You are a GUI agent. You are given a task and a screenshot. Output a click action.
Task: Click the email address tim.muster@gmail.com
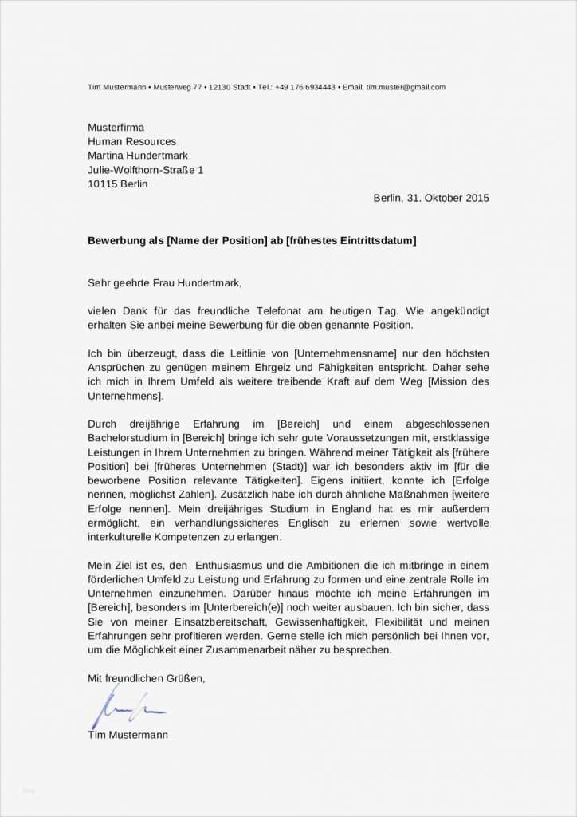point(406,87)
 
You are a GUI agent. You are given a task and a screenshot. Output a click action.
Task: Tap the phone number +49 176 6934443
point(305,87)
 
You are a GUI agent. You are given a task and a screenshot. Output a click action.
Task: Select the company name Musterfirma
point(116,128)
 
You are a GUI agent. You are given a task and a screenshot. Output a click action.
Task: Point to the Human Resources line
point(131,141)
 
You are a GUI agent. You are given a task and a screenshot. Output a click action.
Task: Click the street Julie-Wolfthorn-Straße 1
point(146,170)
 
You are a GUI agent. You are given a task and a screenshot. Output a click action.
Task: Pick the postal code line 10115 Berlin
point(118,184)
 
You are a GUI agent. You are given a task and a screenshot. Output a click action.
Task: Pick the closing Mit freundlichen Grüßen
point(147,678)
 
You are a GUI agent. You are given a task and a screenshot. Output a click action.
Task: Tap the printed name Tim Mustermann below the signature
point(128,735)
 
